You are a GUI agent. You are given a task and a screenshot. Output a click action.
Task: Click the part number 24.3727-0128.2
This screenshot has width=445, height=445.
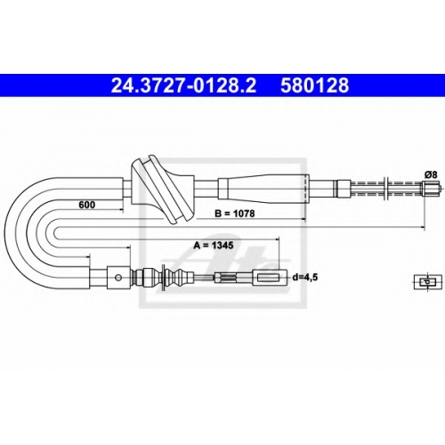[183, 85]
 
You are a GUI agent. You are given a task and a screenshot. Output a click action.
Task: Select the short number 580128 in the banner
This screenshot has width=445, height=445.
[315, 85]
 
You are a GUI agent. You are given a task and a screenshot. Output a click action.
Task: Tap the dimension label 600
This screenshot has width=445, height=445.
[87, 205]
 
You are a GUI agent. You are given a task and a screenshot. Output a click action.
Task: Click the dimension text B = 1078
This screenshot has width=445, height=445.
[234, 214]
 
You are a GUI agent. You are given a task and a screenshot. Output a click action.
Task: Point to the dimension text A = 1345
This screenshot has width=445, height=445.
[214, 246]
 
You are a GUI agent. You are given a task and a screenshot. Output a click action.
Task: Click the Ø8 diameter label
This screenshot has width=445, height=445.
[431, 174]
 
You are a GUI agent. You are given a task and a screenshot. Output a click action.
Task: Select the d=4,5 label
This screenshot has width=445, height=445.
[305, 278]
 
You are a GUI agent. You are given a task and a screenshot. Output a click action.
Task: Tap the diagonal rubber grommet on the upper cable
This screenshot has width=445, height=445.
[163, 190]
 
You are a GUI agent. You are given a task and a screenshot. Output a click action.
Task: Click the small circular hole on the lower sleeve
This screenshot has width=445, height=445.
[118, 278]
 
